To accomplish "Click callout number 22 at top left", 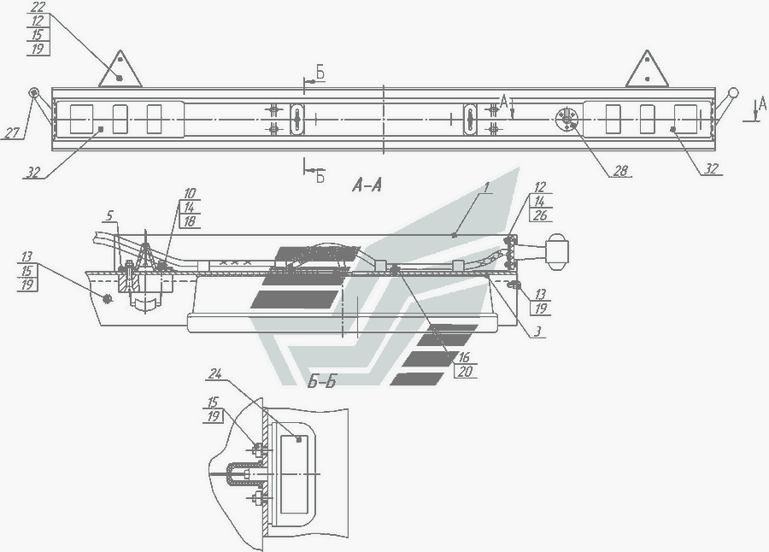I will pos(37,7).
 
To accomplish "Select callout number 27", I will pos(11,133).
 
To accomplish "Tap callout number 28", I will pos(619,171).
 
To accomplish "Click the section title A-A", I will pos(366,185).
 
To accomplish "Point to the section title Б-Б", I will pos(323,382).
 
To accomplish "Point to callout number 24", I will pos(214,373).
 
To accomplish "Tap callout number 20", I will pos(464,372).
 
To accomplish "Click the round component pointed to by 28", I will pos(566,119).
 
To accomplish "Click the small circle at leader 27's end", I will pos(33,92).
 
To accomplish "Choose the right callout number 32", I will pos(711,168).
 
